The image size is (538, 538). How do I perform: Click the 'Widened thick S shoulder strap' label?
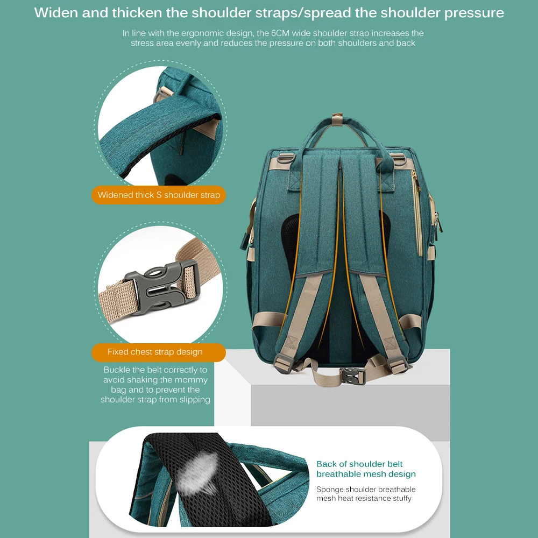pos(159,195)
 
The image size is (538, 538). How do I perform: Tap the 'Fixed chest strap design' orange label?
pos(155,352)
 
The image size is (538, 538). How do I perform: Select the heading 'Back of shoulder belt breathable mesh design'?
pos(366,469)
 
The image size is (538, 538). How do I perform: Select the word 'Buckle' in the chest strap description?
pos(117,370)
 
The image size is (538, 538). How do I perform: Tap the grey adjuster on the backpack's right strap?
pos(397,363)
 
